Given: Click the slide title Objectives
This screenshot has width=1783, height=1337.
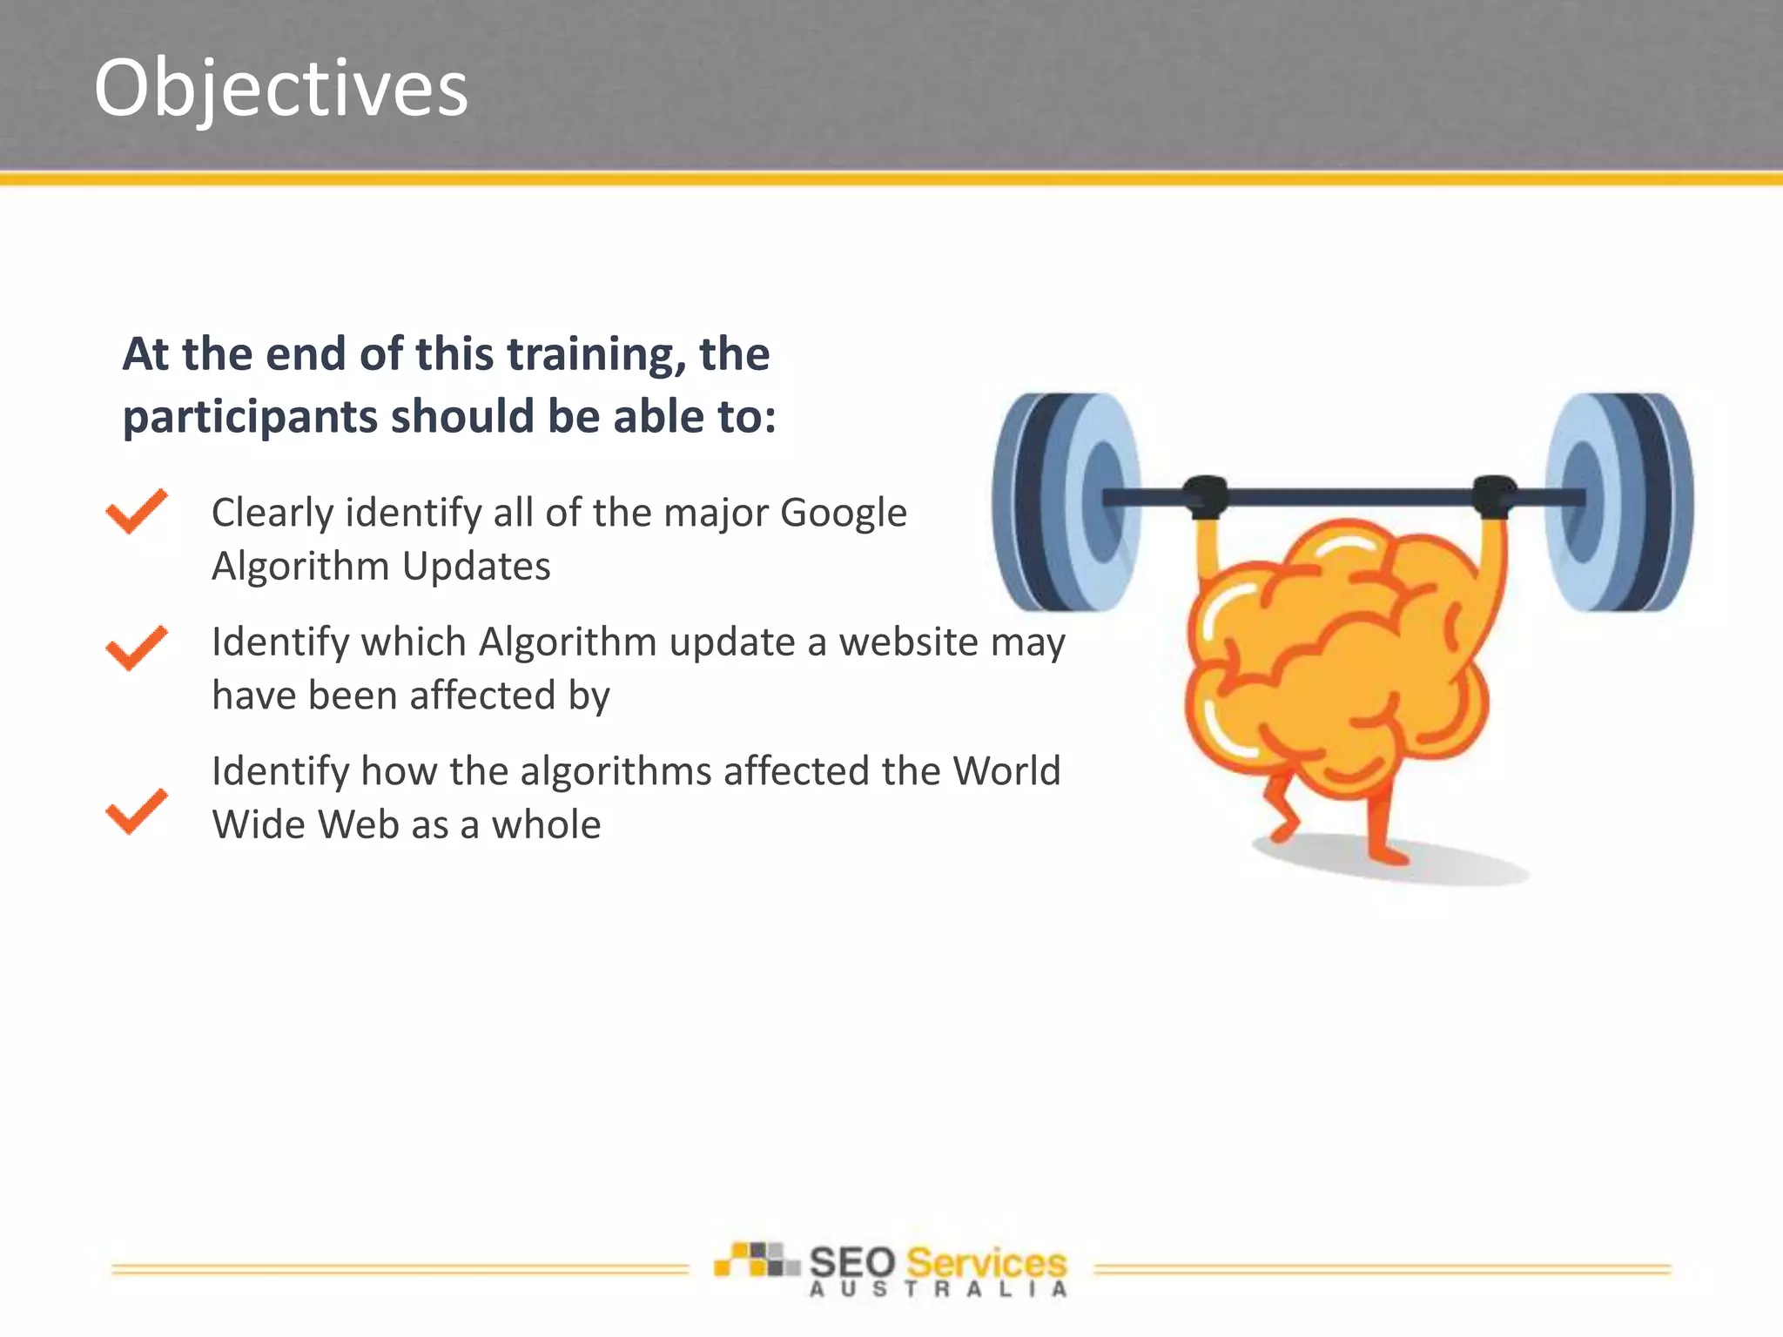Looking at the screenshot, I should click(280, 88).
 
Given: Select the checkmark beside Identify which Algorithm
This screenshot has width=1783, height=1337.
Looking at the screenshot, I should click(136, 648).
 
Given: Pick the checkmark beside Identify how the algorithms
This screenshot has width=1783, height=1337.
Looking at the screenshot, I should click(136, 811).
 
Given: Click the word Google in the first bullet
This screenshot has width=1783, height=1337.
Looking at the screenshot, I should click(843, 513).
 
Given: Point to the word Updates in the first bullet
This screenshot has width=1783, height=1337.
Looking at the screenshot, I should click(476, 567).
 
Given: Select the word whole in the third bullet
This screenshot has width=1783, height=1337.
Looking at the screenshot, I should click(546, 824).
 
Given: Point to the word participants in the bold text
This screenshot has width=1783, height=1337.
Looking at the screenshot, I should click(250, 417).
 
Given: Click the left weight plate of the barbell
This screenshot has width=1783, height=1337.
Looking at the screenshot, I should click(1066, 501).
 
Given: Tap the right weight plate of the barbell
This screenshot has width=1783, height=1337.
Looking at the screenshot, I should click(1621, 501).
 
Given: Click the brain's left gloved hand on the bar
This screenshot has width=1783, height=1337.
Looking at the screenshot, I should click(1206, 497).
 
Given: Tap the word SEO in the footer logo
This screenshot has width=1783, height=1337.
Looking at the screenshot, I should click(852, 1262).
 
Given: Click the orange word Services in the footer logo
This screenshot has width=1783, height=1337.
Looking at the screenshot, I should click(986, 1262).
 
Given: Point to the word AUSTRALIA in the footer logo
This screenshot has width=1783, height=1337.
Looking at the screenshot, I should click(938, 1290).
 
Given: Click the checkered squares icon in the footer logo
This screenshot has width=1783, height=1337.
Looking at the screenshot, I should click(755, 1260).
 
